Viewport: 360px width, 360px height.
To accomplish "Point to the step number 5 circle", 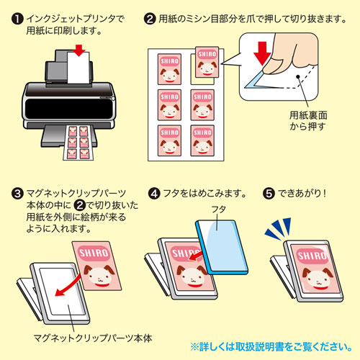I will pyautogui.click(x=269, y=194).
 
